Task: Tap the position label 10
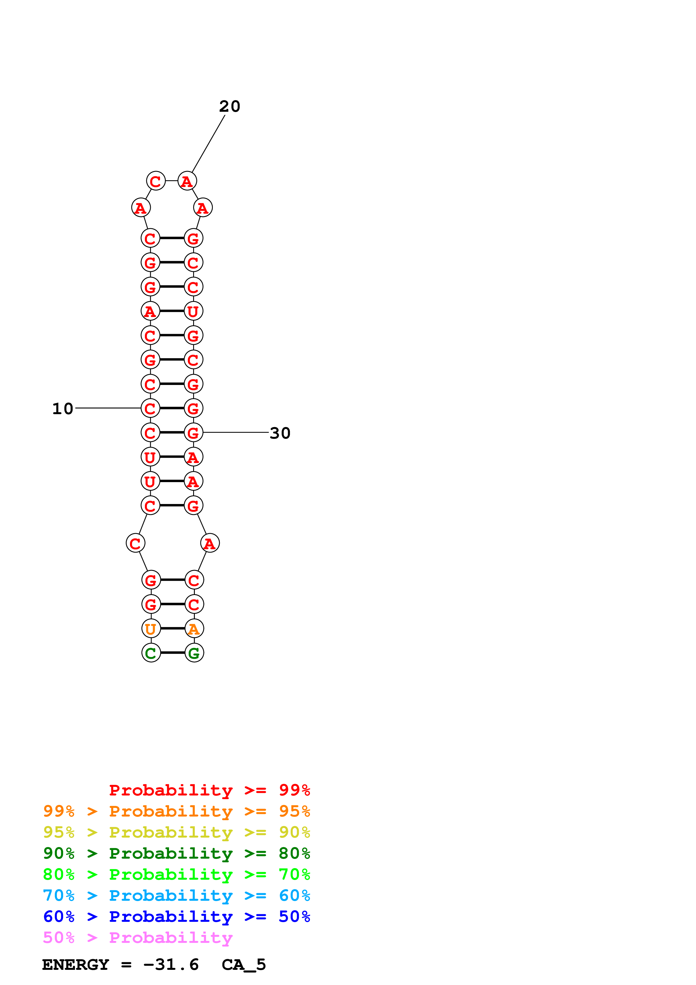point(63,409)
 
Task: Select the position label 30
point(280,433)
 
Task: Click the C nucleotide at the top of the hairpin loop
point(156,181)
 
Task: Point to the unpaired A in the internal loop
point(210,543)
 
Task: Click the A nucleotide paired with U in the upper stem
point(150,311)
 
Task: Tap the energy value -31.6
point(171,965)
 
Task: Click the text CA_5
point(244,965)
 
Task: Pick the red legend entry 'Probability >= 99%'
point(209,790)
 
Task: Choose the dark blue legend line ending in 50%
point(176,916)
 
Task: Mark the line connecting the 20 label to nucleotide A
point(208,144)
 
